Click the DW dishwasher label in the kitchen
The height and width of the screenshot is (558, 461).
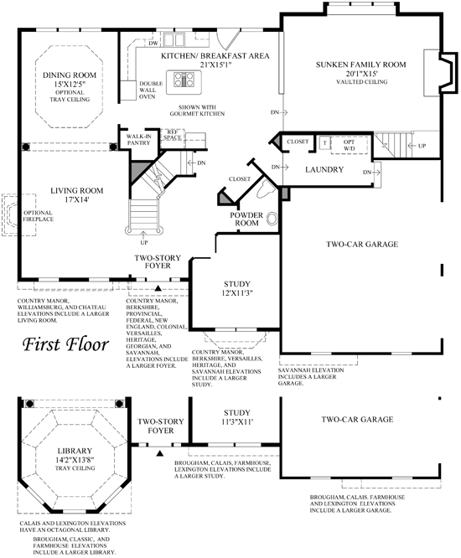pyautogui.click(x=153, y=43)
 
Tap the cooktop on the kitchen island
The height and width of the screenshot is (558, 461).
pyautogui.click(x=184, y=80)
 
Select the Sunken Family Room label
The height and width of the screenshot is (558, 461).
pyautogui.click(x=361, y=65)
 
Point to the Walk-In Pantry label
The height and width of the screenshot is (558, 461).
pyautogui.click(x=139, y=139)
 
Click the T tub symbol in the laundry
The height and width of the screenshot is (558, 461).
pyautogui.click(x=324, y=143)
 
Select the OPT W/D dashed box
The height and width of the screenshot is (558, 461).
pyautogui.click(x=350, y=145)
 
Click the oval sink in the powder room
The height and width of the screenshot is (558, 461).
pyautogui.click(x=272, y=218)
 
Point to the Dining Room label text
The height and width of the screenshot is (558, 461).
pyautogui.click(x=70, y=75)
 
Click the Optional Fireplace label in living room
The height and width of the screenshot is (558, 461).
pyautogui.click(x=38, y=216)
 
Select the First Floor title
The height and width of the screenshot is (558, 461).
pyautogui.click(x=65, y=344)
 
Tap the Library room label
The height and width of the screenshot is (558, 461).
pyautogui.click(x=75, y=451)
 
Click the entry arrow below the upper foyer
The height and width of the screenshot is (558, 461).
pyautogui.click(x=158, y=288)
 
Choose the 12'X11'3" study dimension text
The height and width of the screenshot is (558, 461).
pyautogui.click(x=236, y=293)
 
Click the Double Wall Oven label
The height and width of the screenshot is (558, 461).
pyautogui.click(x=151, y=90)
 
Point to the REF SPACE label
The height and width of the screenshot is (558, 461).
pyautogui.click(x=173, y=135)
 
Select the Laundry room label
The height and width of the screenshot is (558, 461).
pyautogui.click(x=324, y=169)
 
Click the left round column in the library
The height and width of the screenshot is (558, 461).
pyautogui.click(x=30, y=404)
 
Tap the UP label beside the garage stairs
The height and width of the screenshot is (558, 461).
pyautogui.click(x=422, y=146)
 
